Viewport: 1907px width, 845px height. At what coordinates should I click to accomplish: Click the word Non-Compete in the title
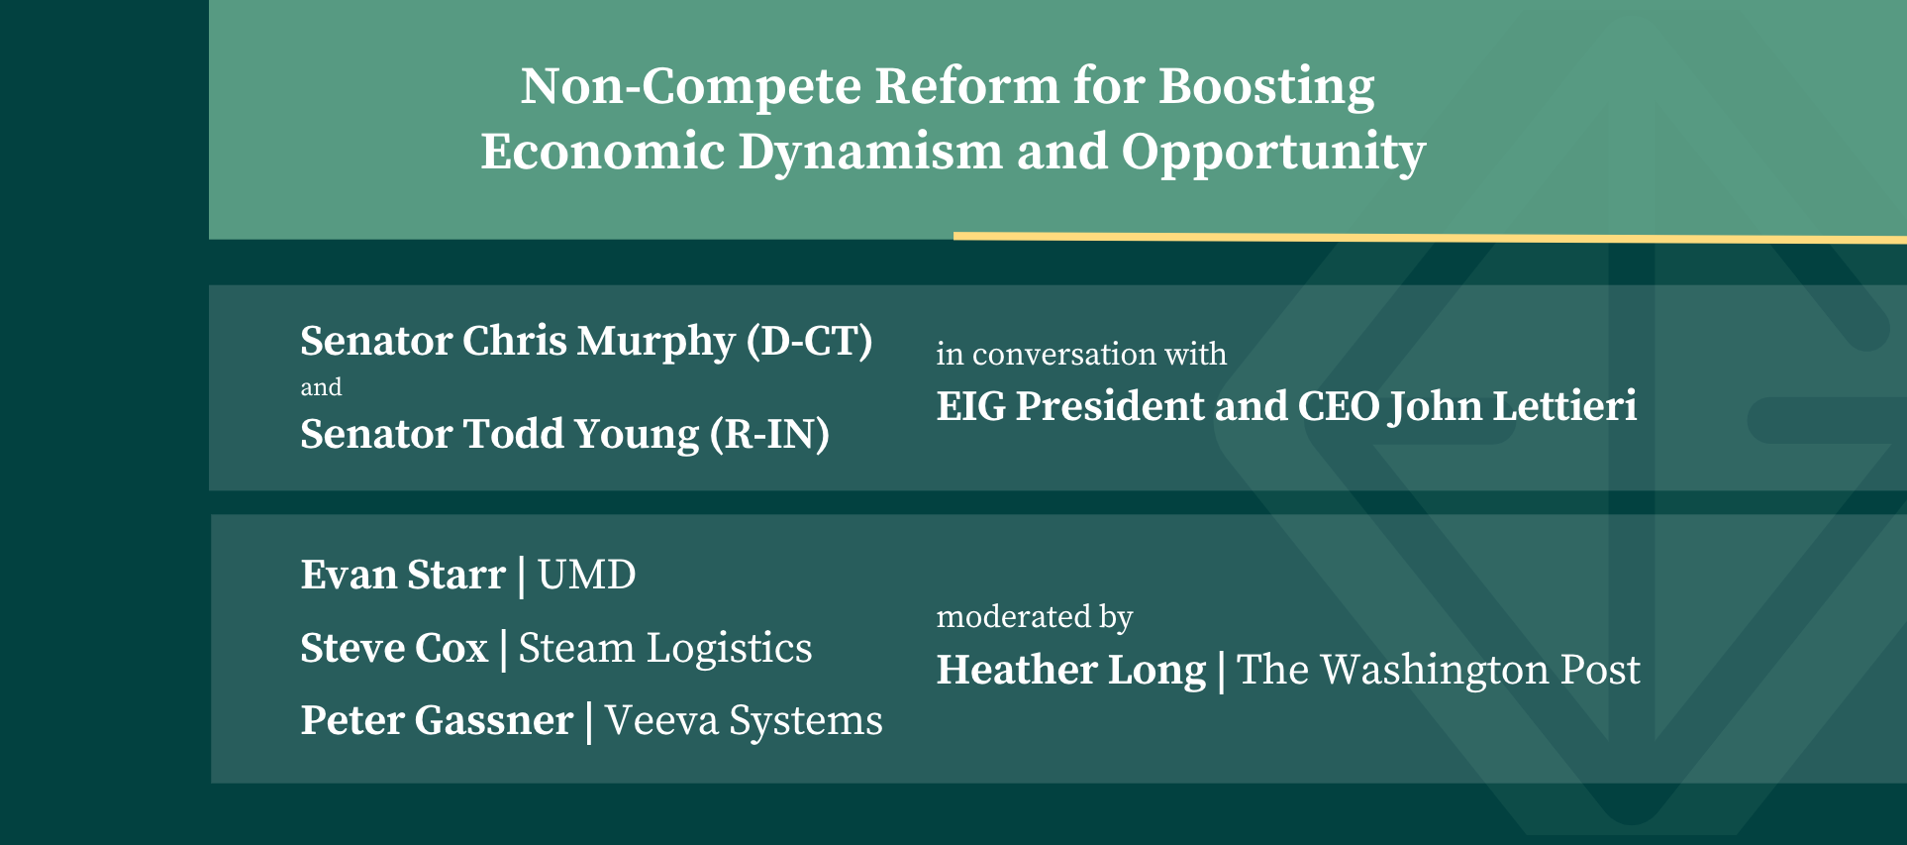tap(691, 86)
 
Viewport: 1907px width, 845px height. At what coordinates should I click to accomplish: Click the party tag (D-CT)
tap(810, 342)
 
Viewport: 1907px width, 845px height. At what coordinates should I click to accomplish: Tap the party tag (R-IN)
tap(770, 435)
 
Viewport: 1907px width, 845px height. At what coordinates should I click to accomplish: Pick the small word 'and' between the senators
tap(321, 387)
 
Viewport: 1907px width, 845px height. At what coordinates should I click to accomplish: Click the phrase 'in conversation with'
tap(1081, 354)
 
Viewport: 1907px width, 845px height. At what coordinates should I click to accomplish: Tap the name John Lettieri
tap(1513, 407)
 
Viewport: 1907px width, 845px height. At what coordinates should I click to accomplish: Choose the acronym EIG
tap(970, 407)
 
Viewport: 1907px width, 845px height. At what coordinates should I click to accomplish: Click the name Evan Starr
tap(403, 576)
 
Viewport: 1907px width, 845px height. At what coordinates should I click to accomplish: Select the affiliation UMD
tap(587, 576)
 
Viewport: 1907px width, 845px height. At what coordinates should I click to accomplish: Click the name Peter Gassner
tap(437, 721)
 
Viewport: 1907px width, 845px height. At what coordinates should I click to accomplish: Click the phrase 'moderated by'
tap(1035, 617)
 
